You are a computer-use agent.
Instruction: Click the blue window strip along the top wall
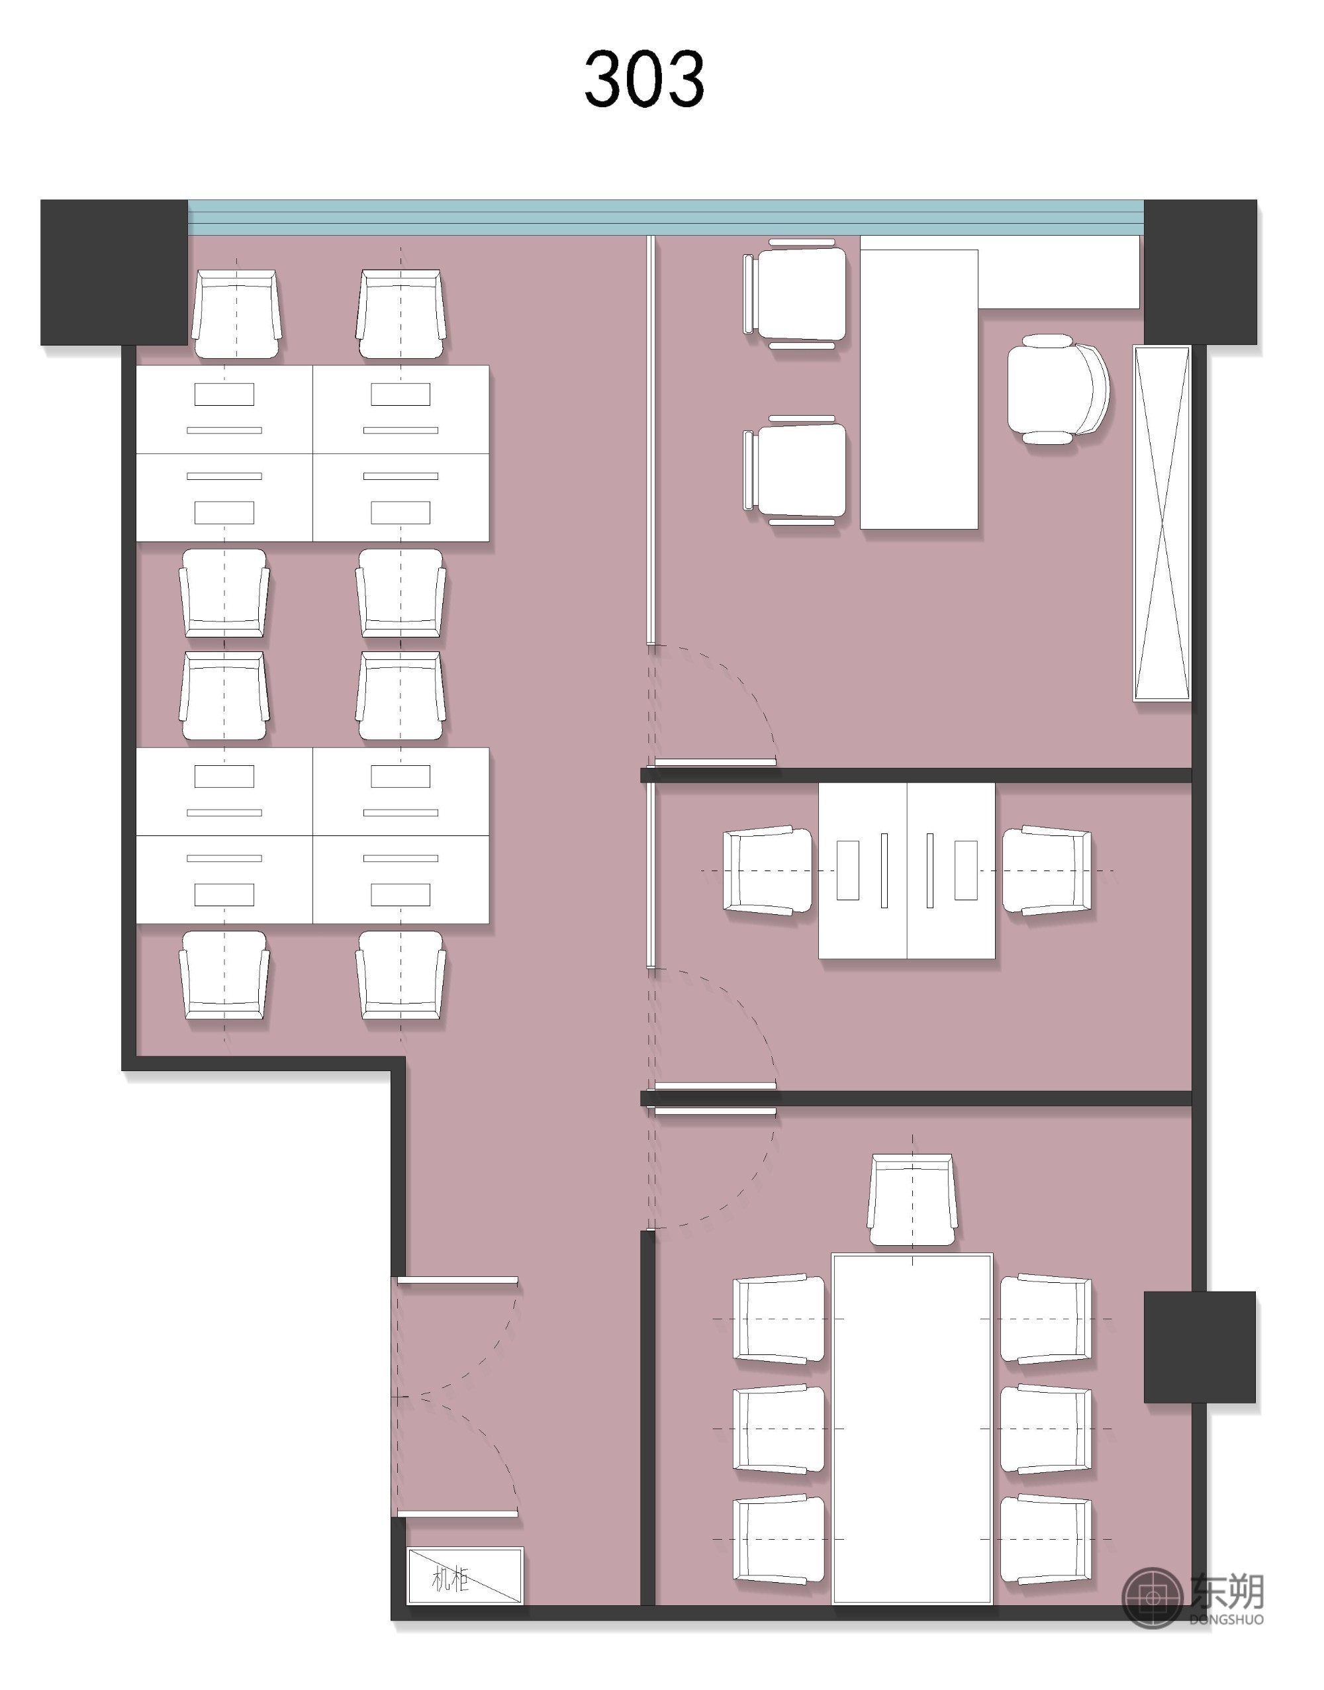point(666,217)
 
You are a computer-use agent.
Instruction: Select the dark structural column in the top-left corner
point(114,272)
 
